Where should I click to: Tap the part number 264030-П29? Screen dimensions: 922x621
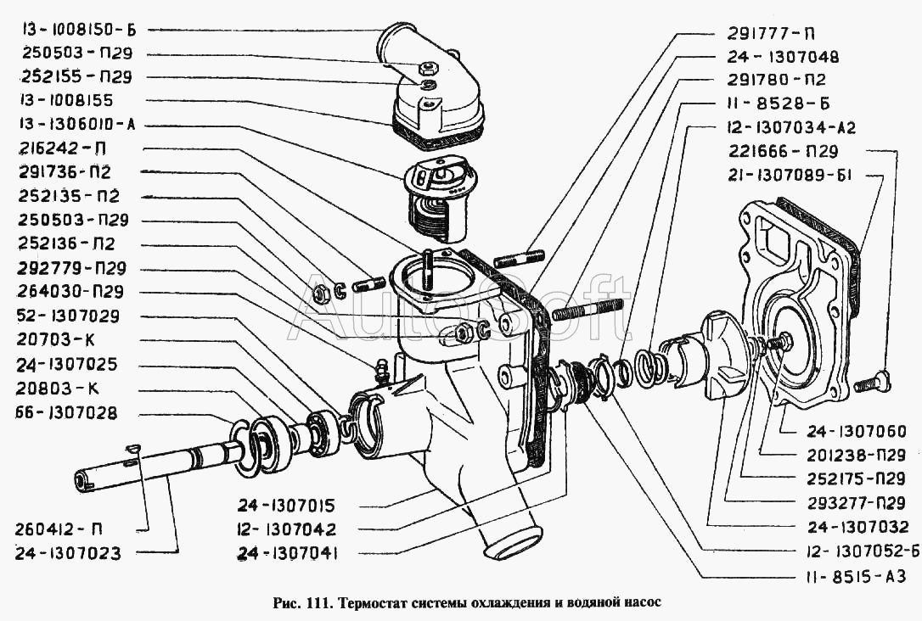tap(71, 291)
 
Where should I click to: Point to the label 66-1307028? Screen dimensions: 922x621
tap(66, 412)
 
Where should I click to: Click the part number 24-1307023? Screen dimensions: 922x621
tap(68, 553)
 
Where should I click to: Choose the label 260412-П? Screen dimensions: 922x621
tap(59, 529)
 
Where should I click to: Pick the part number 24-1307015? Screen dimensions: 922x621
tap(286, 506)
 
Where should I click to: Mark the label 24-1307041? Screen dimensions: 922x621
tap(288, 553)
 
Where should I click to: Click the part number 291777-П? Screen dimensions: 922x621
tap(772, 33)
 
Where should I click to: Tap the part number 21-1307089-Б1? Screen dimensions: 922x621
tap(790, 175)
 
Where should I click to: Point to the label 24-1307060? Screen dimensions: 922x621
tap(856, 431)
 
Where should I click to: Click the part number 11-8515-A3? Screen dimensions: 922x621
tap(857, 576)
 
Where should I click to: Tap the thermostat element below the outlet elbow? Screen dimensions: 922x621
tap(441, 198)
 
